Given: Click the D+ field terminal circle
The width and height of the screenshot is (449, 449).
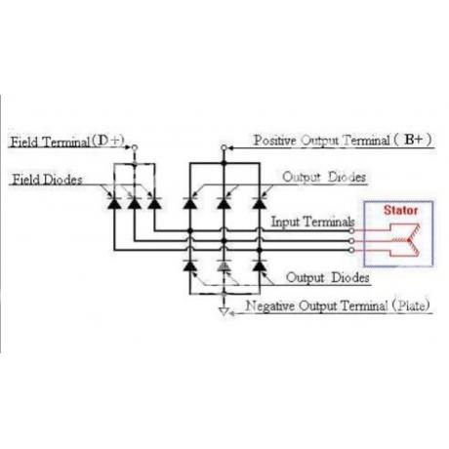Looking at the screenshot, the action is pyautogui.click(x=135, y=147).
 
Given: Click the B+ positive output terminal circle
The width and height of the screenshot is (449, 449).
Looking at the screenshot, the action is pyautogui.click(x=224, y=147).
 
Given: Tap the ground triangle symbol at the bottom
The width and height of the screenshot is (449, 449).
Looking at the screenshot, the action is pyautogui.click(x=224, y=311).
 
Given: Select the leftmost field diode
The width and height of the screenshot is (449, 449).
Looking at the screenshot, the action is pyautogui.click(x=114, y=203).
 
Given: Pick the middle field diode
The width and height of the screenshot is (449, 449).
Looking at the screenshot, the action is pyautogui.click(x=135, y=203).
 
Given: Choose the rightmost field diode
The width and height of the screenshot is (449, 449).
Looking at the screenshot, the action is pyautogui.click(x=154, y=203).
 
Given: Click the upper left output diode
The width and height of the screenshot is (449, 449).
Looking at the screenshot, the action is pyautogui.click(x=190, y=203).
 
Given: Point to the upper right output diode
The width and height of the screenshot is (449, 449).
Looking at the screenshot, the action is pyautogui.click(x=260, y=203).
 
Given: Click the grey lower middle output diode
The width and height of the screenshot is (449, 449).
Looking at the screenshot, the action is pyautogui.click(x=224, y=265).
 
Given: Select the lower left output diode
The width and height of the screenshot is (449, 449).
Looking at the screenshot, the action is pyautogui.click(x=190, y=265).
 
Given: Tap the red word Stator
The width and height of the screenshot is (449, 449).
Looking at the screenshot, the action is pyautogui.click(x=400, y=210).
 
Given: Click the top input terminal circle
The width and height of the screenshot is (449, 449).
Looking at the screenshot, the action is pyautogui.click(x=351, y=230).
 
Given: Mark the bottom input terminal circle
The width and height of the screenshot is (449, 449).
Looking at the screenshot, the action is pyautogui.click(x=351, y=250).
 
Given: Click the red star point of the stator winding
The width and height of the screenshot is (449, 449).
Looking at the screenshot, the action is pyautogui.click(x=408, y=240).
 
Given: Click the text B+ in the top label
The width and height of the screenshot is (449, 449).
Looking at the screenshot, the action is pyautogui.click(x=414, y=140).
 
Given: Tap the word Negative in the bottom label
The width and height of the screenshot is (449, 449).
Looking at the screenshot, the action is pyautogui.click(x=270, y=306).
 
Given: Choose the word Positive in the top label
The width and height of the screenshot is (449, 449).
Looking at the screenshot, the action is pyautogui.click(x=275, y=141).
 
